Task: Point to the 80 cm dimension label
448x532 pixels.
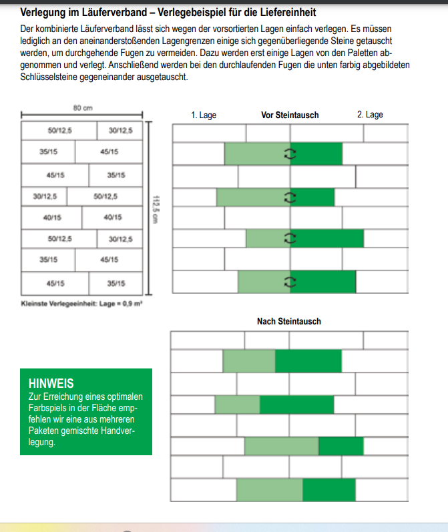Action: tap(83, 107)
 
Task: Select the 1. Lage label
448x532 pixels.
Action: tap(204, 115)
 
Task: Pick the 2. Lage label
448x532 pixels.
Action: tap(370, 115)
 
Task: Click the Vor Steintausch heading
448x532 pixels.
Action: tap(289, 115)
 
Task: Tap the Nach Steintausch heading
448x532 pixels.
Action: tap(288, 321)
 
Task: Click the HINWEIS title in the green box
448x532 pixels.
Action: tap(51, 384)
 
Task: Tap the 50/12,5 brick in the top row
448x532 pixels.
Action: tap(59, 130)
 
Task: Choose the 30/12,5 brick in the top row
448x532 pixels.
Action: tap(120, 130)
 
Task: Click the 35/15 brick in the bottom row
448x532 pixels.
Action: tap(116, 283)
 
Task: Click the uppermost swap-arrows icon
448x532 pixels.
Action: tap(289, 154)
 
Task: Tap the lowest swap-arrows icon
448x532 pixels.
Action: tap(289, 282)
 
